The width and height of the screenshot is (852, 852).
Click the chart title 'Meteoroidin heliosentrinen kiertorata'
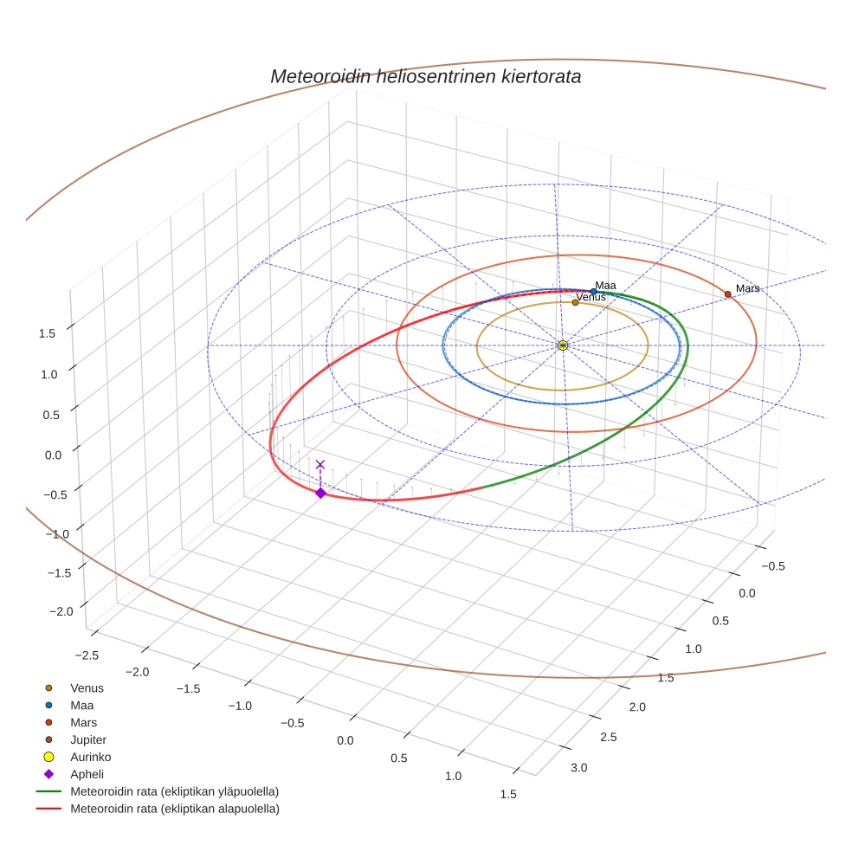pos(425,76)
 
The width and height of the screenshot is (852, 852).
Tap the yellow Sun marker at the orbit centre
pos(563,345)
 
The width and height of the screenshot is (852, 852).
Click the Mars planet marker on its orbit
pos(727,294)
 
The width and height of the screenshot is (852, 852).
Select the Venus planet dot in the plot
pos(575,302)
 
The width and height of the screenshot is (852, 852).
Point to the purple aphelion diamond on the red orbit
pos(320,493)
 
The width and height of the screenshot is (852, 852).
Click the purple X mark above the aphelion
pos(320,465)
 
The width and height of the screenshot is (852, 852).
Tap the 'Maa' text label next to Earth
pos(605,285)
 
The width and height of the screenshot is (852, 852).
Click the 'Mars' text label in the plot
pos(747,288)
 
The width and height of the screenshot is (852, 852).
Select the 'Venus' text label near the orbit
pos(591,297)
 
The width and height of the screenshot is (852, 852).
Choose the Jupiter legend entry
pos(88,739)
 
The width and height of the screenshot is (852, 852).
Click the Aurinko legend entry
pos(90,757)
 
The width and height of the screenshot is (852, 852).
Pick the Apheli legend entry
pos(87,774)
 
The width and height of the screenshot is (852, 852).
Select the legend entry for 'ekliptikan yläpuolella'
pos(174,791)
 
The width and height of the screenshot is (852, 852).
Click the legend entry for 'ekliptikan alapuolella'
pos(174,809)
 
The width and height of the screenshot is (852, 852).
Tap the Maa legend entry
pos(81,705)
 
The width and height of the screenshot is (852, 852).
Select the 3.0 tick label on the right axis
pos(578,768)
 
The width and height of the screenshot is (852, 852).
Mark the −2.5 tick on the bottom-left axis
pos(87,655)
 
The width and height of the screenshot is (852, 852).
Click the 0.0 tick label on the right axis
pos(746,593)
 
